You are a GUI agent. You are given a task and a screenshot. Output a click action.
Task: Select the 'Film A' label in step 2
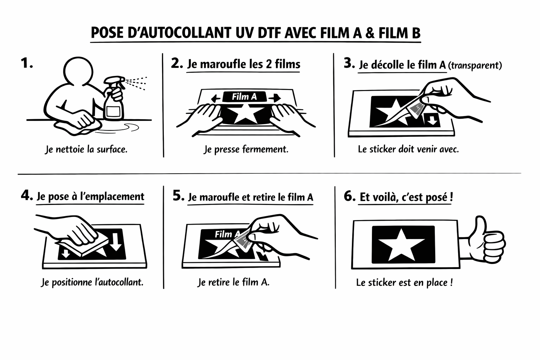point(244,97)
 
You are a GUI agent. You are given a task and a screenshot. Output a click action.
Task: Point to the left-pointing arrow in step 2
point(216,98)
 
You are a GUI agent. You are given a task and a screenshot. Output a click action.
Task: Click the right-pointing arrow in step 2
point(275,98)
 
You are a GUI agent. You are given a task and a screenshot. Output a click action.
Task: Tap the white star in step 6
point(401,245)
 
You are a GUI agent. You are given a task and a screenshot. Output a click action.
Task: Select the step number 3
point(349,64)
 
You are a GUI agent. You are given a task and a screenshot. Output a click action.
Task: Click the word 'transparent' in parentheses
point(475,65)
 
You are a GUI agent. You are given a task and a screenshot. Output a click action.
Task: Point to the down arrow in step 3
point(432,120)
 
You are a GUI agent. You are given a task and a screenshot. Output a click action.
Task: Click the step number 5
point(178,195)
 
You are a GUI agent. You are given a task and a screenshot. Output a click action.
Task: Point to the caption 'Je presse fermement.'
point(246,149)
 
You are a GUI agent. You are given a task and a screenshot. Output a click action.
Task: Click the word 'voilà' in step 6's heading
point(385,197)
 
